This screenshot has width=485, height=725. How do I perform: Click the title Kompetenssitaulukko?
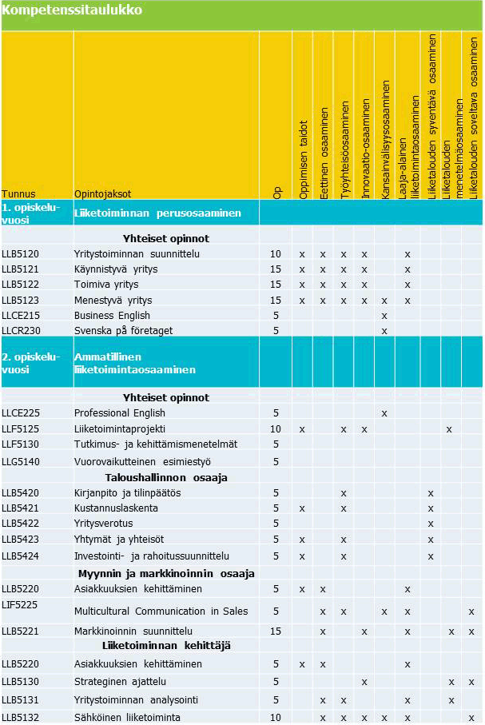point(72,10)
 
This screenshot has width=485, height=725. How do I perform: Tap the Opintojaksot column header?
point(102,193)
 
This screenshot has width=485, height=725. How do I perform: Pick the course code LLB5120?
point(20,254)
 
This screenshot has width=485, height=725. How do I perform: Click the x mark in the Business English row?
point(384,315)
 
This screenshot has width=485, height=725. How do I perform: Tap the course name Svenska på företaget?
point(123,330)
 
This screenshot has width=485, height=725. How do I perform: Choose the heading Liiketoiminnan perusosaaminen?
point(157,213)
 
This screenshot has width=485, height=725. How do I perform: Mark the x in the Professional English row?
point(384,413)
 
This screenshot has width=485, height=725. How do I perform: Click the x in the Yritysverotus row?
point(431,524)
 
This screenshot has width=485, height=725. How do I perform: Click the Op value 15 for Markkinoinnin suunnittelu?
point(276,631)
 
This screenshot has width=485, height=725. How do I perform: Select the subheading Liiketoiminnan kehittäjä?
point(166,646)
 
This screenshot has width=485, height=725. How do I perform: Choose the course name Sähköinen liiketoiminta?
point(127,718)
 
